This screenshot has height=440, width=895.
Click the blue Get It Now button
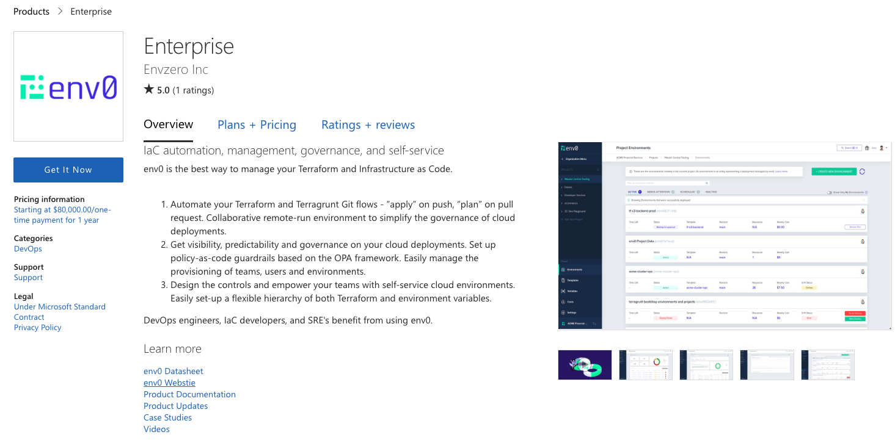pos(68,170)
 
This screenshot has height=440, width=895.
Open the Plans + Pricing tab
pos(257,125)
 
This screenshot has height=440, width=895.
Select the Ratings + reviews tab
pos(368,125)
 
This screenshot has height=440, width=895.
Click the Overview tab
pos(168,124)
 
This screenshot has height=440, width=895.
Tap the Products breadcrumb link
pos(31,12)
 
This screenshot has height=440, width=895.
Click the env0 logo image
pos(68,87)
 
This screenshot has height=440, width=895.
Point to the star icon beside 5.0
pos(149,90)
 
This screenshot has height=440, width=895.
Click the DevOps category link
pos(28,249)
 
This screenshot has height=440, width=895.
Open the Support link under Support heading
pos(28,278)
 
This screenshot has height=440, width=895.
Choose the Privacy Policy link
pos(38,328)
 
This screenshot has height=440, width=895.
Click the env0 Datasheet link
pos(174,371)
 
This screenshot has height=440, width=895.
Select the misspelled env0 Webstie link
pos(169,383)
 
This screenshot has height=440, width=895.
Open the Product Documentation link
pos(189,394)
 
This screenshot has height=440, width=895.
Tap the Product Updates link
pos(175,406)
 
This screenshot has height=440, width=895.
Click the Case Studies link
pos(167,417)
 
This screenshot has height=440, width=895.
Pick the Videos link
pos(156,429)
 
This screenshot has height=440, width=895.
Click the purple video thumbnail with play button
pos(585,365)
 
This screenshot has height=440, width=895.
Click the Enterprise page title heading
pos(189,46)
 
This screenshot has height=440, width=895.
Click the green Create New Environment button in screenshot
pos(833,172)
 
